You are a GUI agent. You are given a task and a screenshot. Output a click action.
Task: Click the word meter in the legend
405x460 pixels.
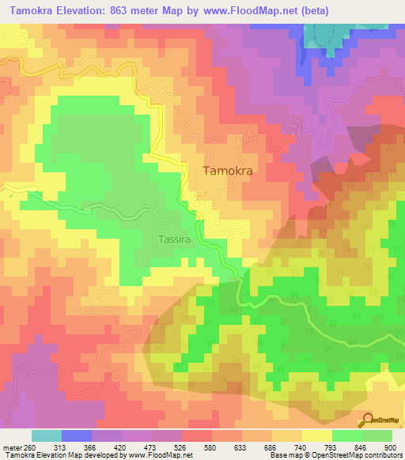pos(12,447)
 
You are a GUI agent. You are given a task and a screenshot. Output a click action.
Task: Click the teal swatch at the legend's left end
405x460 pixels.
pos(47,435)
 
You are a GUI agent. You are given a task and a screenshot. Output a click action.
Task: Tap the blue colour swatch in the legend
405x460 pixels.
pos(77,435)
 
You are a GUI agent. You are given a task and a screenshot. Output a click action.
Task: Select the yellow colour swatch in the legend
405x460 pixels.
pos(317,435)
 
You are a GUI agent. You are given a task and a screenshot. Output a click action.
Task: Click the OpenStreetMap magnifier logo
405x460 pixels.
pos(369,419)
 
